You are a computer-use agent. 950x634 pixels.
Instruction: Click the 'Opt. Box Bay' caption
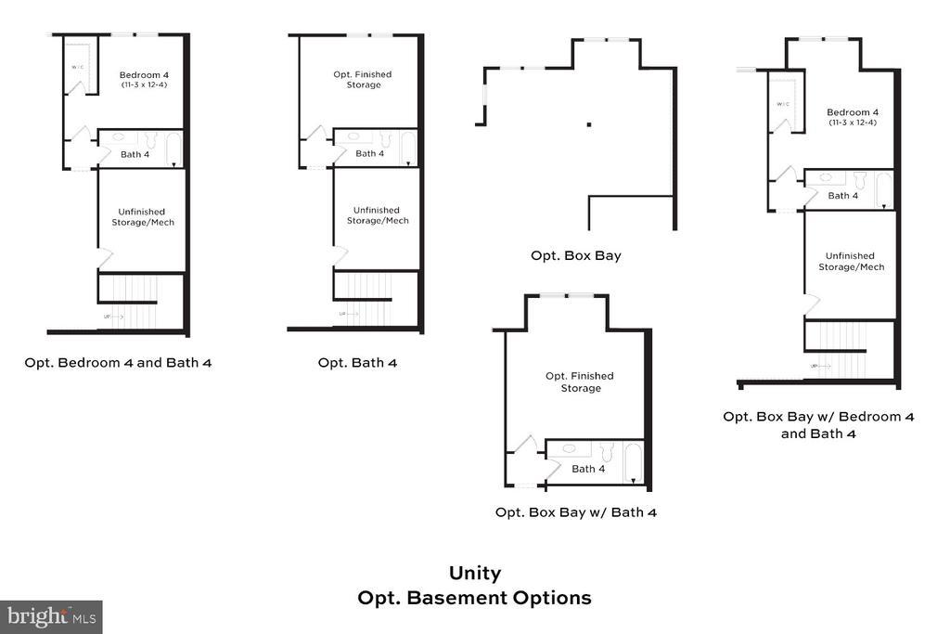tap(575, 255)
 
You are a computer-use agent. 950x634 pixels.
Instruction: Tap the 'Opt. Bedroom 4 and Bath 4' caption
tap(118, 362)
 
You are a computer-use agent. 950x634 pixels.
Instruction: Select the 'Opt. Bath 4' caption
tap(357, 362)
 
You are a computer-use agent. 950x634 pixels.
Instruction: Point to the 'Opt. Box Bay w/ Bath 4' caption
tap(575, 511)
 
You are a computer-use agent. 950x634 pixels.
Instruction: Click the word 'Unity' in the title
tap(474, 574)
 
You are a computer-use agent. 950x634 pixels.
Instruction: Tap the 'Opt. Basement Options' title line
tap(474, 598)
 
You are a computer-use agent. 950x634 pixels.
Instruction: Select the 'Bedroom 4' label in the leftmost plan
tap(143, 74)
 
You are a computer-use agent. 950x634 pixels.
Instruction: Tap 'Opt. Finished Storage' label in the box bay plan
tap(580, 382)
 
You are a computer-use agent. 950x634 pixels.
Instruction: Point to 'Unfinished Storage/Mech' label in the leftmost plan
tap(143, 216)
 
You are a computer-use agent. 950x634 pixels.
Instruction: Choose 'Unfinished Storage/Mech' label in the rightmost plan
tap(851, 261)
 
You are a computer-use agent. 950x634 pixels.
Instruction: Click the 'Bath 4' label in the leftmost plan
tap(135, 154)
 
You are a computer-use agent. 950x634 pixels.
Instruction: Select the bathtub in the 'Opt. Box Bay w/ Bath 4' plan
tap(633, 463)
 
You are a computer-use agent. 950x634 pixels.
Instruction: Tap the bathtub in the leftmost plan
tap(173, 149)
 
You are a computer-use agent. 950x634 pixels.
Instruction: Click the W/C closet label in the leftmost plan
tap(78, 68)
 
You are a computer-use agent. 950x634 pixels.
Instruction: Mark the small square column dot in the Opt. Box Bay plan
tap(588, 123)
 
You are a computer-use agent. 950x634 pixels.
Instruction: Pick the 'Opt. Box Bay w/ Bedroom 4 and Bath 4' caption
tap(818, 424)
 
